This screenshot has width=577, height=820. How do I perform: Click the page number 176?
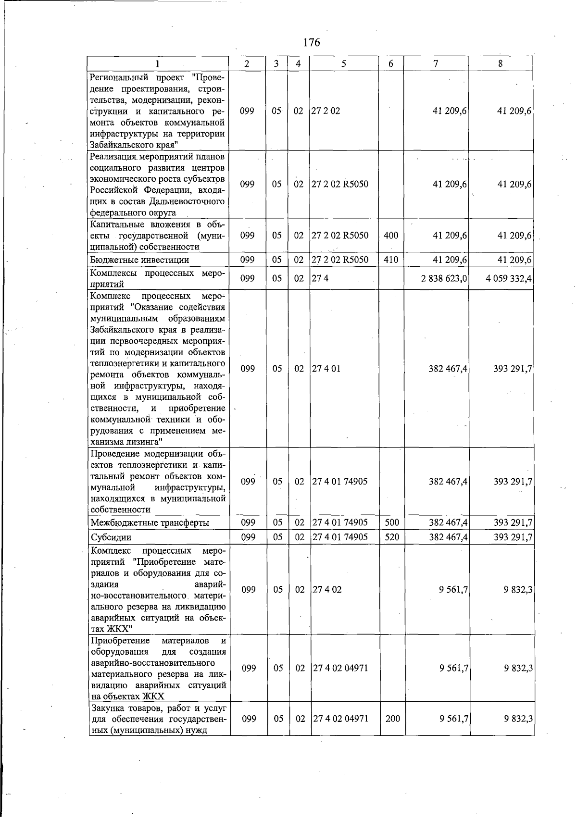[312, 42]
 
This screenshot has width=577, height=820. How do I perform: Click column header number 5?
[343, 63]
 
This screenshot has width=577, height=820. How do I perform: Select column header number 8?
[501, 63]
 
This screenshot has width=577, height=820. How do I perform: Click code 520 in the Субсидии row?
[392, 537]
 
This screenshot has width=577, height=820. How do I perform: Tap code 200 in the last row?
[392, 719]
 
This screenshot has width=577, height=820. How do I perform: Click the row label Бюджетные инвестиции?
[139, 260]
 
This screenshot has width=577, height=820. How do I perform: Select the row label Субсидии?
[111, 537]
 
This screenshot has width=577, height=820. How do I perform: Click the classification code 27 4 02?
[327, 589]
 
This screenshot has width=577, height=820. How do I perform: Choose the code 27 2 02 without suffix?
[326, 111]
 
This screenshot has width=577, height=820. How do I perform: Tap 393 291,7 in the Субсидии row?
[513, 537]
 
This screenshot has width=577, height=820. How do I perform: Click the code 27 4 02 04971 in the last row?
[340, 719]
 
